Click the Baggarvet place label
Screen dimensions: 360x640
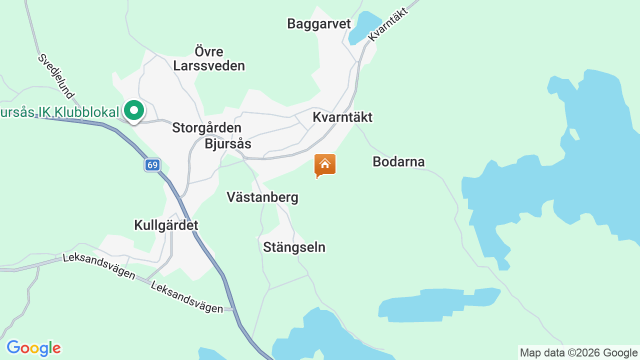coord(319,23)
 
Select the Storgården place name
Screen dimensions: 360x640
coord(206,128)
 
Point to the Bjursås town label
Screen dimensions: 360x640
coord(227,144)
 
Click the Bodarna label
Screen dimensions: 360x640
coord(398,161)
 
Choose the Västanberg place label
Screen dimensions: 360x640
coord(262,197)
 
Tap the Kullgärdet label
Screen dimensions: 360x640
coord(166,225)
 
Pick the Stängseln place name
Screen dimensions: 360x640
coord(294,247)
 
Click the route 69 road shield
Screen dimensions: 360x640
coord(152,165)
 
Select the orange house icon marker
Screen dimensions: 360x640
coord(324,165)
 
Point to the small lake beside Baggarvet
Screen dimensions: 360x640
coord(363,27)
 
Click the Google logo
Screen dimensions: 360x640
coord(33,348)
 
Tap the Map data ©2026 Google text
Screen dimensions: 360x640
coord(578,352)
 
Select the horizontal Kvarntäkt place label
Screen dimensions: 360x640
coord(342,117)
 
